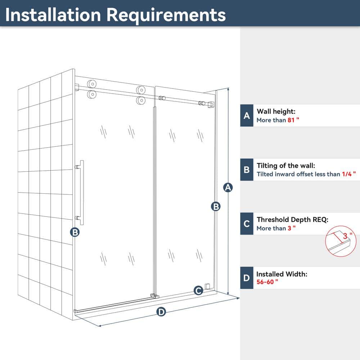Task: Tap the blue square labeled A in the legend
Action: click(247, 115)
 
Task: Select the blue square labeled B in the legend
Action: click(247, 170)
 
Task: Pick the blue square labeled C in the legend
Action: click(247, 224)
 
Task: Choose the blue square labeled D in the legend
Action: click(247, 278)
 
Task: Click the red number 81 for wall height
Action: click(291, 120)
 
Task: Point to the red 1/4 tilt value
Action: click(347, 174)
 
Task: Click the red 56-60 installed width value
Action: click(265, 282)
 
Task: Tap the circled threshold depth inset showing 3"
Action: click(341, 241)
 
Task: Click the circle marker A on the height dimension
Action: click(228, 188)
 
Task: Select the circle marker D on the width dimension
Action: click(161, 312)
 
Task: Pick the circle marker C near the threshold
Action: click(198, 291)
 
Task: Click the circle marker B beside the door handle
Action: click(75, 232)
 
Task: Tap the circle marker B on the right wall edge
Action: click(216, 206)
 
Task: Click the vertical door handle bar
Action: click(82, 193)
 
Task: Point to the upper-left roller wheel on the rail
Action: click(92, 84)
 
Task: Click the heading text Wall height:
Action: click(276, 112)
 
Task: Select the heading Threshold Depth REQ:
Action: click(292, 220)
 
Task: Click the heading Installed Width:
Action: click(282, 274)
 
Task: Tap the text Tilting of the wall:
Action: click(286, 166)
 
